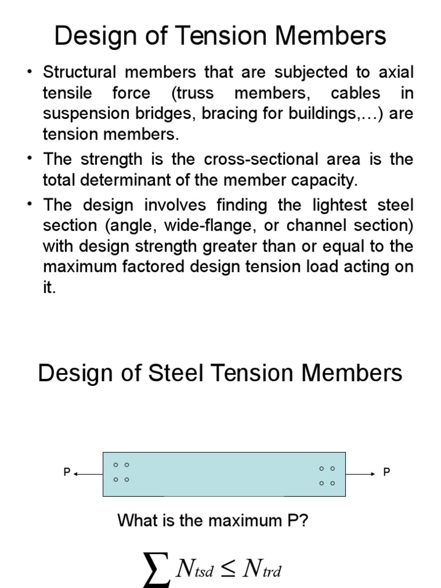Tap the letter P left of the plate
click(x=66, y=473)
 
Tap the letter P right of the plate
click(x=386, y=473)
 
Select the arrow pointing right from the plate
click(x=361, y=474)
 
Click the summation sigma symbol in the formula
click(x=156, y=569)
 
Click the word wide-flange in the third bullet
click(x=204, y=226)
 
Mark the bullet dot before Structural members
click(x=29, y=73)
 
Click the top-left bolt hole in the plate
click(x=115, y=465)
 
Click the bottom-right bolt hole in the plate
click(x=332, y=483)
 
